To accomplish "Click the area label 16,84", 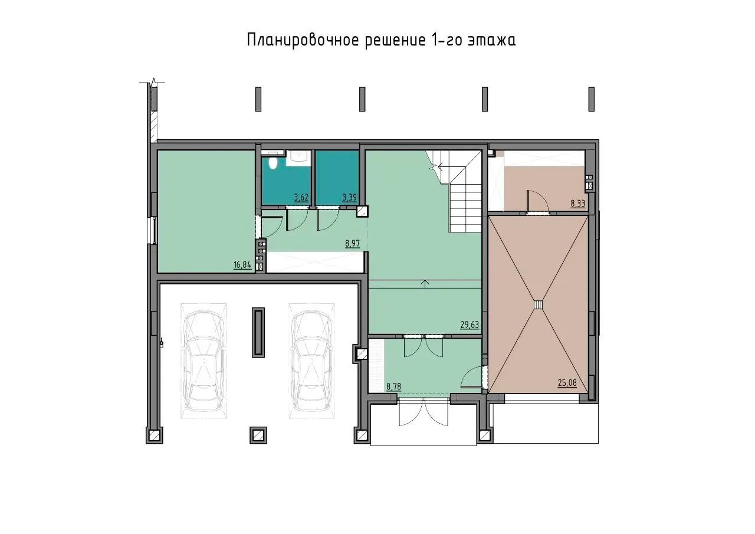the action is point(242,265).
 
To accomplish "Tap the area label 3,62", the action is point(301,198).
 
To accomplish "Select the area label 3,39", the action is point(349,198).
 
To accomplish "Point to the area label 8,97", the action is point(352,244).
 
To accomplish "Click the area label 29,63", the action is point(470,325).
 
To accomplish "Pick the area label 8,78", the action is point(393,386).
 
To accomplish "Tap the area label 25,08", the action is point(567,383).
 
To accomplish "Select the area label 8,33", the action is point(577,204).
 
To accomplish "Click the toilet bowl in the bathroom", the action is point(273,163).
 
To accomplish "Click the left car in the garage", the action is point(203,361).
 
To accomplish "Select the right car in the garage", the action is point(311,361).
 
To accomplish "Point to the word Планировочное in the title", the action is point(302,41).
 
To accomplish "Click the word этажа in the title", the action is point(491,41).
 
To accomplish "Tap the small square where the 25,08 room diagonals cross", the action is point(539,304).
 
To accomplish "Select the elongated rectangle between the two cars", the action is point(258,332).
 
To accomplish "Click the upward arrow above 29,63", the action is point(425,284).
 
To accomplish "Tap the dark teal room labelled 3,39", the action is point(337,178).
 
